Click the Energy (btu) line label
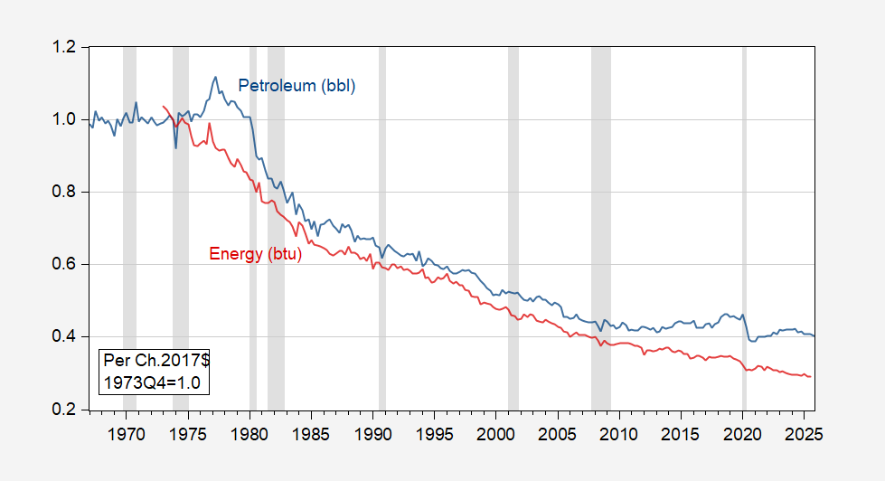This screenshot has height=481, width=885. pyautogui.click(x=255, y=254)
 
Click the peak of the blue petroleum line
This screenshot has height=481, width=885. pyautogui.click(x=215, y=77)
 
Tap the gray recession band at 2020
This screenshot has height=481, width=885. pyautogui.click(x=744, y=226)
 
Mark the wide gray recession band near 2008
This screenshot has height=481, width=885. pyautogui.click(x=600, y=226)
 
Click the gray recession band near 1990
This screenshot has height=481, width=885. pyautogui.click(x=382, y=226)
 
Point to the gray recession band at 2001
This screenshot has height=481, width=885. pyautogui.click(x=513, y=226)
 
